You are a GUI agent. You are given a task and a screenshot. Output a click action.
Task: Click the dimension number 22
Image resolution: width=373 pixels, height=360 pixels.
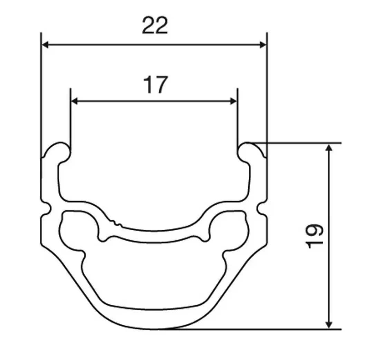155,25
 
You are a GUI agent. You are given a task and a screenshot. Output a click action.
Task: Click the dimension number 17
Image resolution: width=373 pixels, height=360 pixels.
155,85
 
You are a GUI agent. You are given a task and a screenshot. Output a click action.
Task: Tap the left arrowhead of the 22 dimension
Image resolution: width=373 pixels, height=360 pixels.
45,45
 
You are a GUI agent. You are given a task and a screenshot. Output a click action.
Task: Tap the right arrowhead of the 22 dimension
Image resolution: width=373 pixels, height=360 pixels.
262,45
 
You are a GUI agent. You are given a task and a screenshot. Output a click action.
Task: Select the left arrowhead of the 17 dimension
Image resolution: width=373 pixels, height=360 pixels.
75,101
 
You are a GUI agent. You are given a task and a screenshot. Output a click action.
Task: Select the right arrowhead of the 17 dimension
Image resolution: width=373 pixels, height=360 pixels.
233,101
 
